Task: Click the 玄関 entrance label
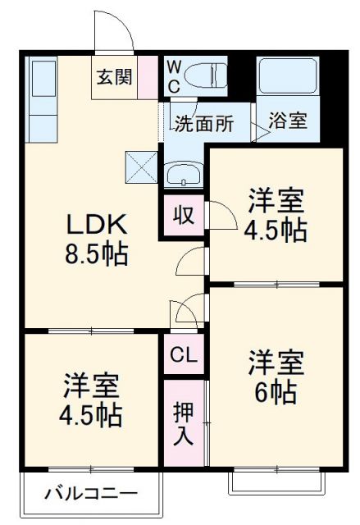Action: click(x=113, y=77)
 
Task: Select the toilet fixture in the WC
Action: click(x=206, y=73)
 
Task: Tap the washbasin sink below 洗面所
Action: click(x=183, y=175)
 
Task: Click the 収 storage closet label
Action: click(x=183, y=216)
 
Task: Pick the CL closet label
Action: click(x=184, y=355)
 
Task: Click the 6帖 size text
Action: click(x=276, y=393)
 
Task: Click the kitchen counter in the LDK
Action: click(x=39, y=98)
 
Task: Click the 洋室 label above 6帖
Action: click(x=276, y=362)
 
